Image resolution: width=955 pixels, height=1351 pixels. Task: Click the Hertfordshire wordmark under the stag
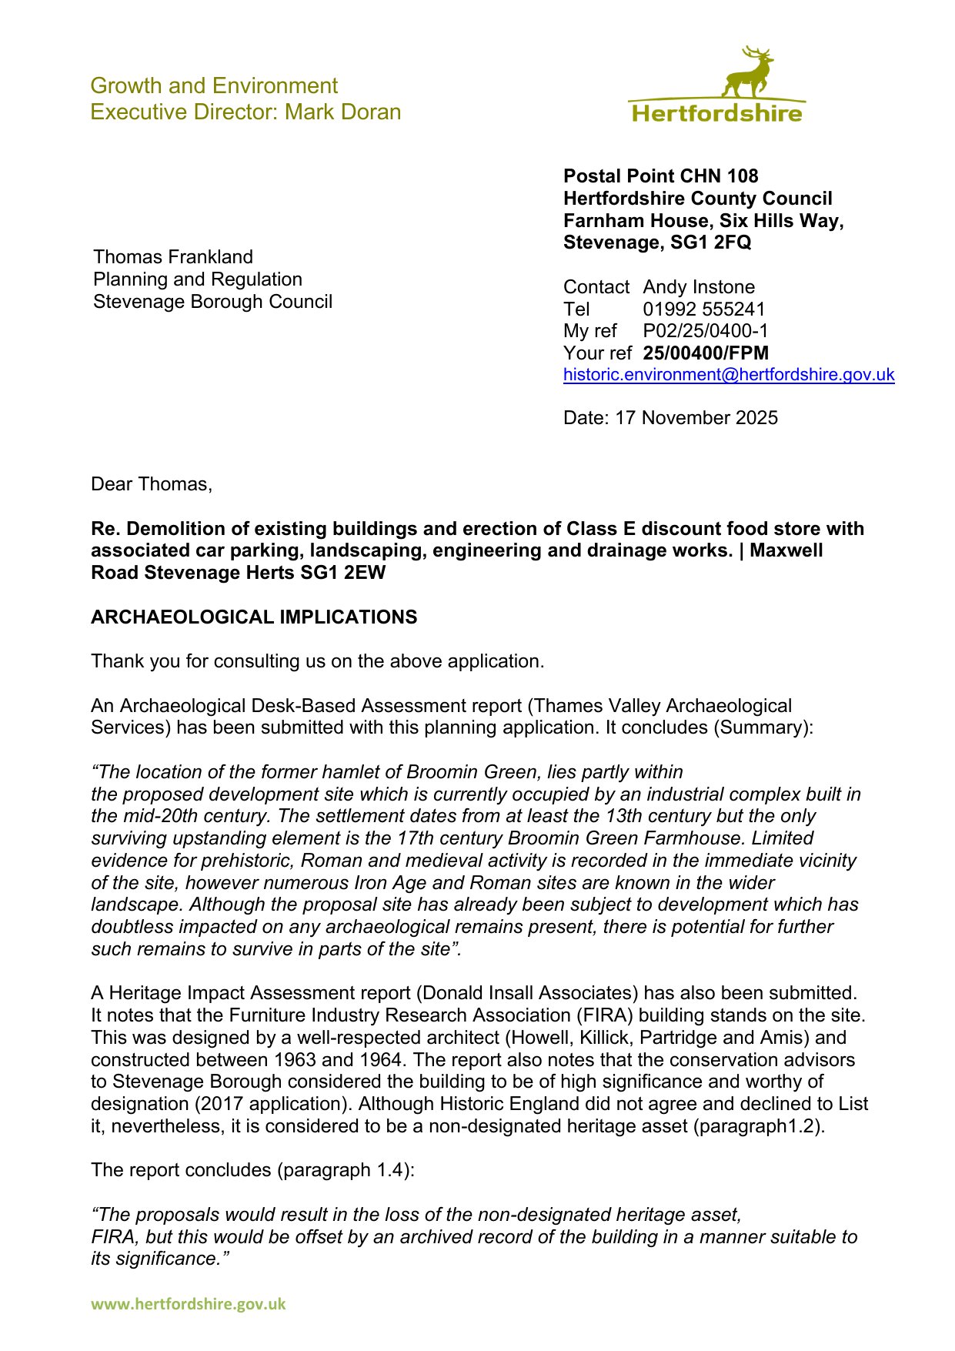[716, 114]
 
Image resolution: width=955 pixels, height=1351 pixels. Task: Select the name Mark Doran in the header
[343, 112]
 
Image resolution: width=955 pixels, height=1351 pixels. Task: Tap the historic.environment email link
[728, 375]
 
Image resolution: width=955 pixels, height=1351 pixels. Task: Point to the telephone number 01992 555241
[704, 309]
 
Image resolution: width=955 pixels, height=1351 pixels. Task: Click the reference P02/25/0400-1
[706, 331]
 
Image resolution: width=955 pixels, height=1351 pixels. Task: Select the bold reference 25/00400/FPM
[706, 353]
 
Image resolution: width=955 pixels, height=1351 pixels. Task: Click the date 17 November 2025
[696, 418]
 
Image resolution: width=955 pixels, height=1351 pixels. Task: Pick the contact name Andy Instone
[699, 287]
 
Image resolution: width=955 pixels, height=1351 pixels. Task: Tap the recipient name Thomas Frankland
[173, 257]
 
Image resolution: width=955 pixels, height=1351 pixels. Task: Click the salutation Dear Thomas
[151, 484]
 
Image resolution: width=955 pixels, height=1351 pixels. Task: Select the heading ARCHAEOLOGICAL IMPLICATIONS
[254, 617]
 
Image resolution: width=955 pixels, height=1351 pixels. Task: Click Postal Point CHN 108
[660, 176]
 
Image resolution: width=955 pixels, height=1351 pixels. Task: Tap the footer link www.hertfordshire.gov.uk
[189, 1304]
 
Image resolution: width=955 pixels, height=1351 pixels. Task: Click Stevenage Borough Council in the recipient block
[212, 302]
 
